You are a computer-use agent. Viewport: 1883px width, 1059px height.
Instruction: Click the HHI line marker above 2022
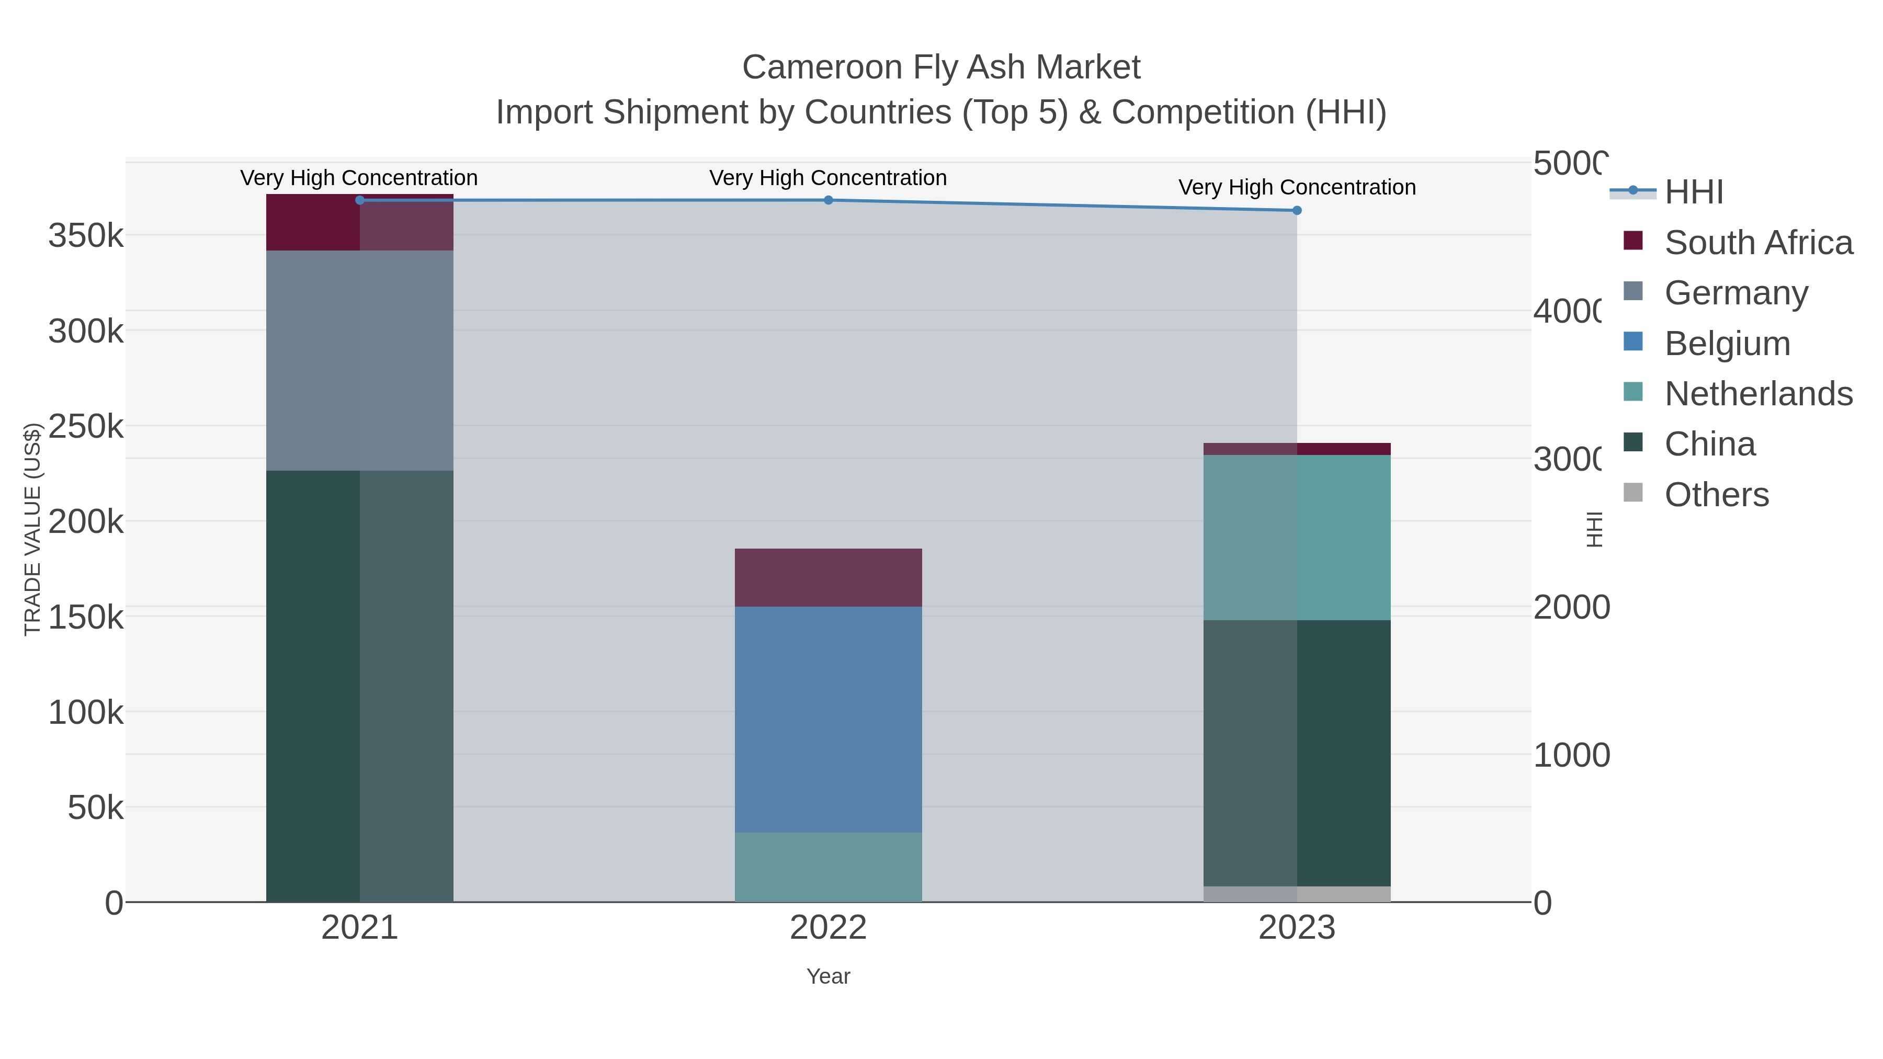(828, 200)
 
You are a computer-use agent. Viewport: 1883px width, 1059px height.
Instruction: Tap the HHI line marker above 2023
(1297, 210)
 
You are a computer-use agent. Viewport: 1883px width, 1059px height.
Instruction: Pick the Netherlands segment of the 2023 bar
(1297, 538)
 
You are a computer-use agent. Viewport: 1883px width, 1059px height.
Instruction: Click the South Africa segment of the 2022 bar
(828, 577)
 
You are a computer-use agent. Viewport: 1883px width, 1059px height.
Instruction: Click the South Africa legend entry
(1758, 243)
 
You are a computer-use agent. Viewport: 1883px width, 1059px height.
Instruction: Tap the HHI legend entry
(1694, 192)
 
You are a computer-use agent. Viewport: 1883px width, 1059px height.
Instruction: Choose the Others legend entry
(1716, 495)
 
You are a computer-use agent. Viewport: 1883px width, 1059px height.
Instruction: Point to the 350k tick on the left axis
(86, 236)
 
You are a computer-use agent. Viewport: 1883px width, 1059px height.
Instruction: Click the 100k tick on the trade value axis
(86, 713)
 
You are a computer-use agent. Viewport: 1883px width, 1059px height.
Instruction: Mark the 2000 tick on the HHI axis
(1571, 607)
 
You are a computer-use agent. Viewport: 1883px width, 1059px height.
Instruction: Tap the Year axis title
(828, 976)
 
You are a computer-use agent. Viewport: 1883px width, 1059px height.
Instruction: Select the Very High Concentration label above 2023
(1297, 187)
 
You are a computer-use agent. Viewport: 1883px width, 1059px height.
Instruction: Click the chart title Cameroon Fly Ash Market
(941, 67)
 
